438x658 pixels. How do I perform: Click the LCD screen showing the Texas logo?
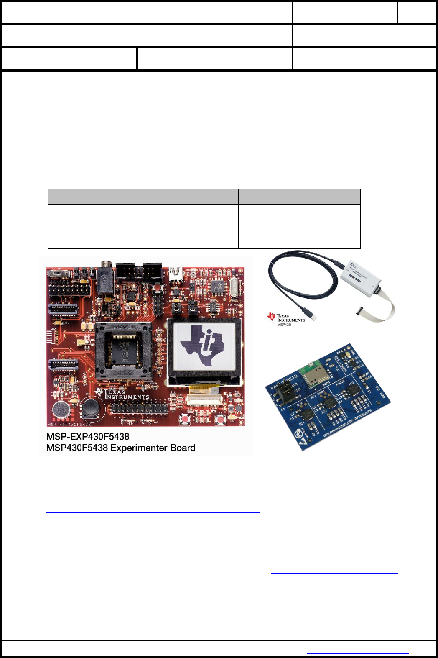pos(204,346)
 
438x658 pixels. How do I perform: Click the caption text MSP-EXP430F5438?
pos(88,436)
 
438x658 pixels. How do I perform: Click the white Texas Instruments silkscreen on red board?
pos(125,394)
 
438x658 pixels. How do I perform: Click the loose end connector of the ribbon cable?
pos(360,311)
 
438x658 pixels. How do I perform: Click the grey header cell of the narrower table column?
pos(299,197)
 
